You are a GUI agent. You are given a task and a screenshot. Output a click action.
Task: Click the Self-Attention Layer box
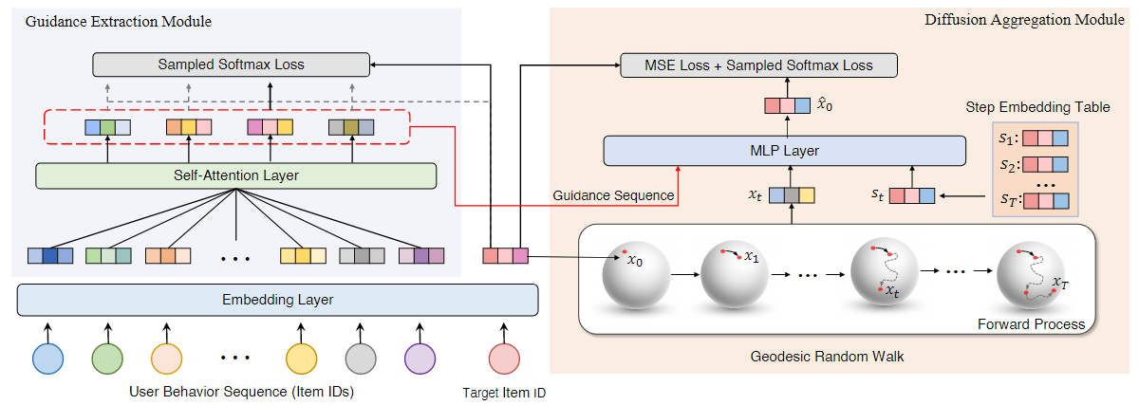[235, 175]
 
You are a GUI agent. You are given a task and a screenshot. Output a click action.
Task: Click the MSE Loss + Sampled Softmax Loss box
[758, 65]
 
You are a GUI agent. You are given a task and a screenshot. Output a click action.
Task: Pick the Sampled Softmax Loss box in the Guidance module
[231, 65]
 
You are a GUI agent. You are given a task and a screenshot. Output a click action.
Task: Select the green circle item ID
[107, 359]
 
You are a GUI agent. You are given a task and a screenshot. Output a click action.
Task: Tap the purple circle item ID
[420, 359]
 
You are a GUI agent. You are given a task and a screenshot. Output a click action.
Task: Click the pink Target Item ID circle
[505, 359]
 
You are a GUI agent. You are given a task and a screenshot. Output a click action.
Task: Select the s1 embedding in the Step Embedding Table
[1045, 137]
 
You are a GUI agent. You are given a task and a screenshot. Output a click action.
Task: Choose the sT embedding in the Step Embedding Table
[1045, 201]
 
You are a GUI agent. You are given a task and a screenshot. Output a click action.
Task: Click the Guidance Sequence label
[614, 195]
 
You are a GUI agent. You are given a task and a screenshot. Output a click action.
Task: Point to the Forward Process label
[1031, 324]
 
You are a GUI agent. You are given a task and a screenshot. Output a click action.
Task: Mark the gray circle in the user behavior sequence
[362, 359]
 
